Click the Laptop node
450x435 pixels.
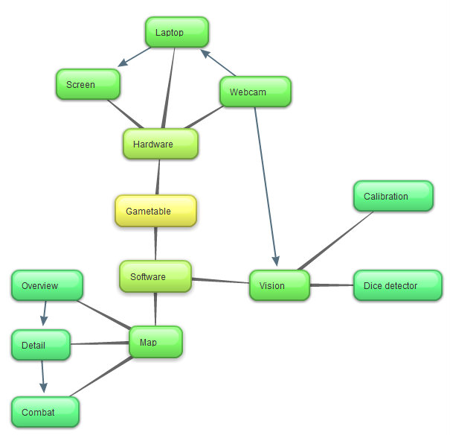(177, 32)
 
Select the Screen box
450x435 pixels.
(88, 84)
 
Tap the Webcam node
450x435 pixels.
(255, 92)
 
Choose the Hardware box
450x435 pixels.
(161, 144)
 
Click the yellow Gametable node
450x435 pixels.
(156, 211)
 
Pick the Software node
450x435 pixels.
(155, 276)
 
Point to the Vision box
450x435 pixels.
(280, 285)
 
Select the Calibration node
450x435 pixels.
(393, 196)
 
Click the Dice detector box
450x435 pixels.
(398, 285)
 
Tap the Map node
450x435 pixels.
(155, 342)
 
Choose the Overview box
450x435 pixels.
(48, 285)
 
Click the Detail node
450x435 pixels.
(41, 345)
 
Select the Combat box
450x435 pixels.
(45, 412)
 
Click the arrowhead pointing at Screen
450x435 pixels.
(123, 63)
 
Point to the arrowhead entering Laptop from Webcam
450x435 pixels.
(205, 53)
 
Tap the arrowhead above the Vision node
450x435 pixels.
(276, 261)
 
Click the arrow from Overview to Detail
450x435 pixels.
(45, 313)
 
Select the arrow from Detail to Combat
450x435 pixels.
(42, 376)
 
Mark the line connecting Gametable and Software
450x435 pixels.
(155, 244)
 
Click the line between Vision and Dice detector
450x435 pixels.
(332, 285)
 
